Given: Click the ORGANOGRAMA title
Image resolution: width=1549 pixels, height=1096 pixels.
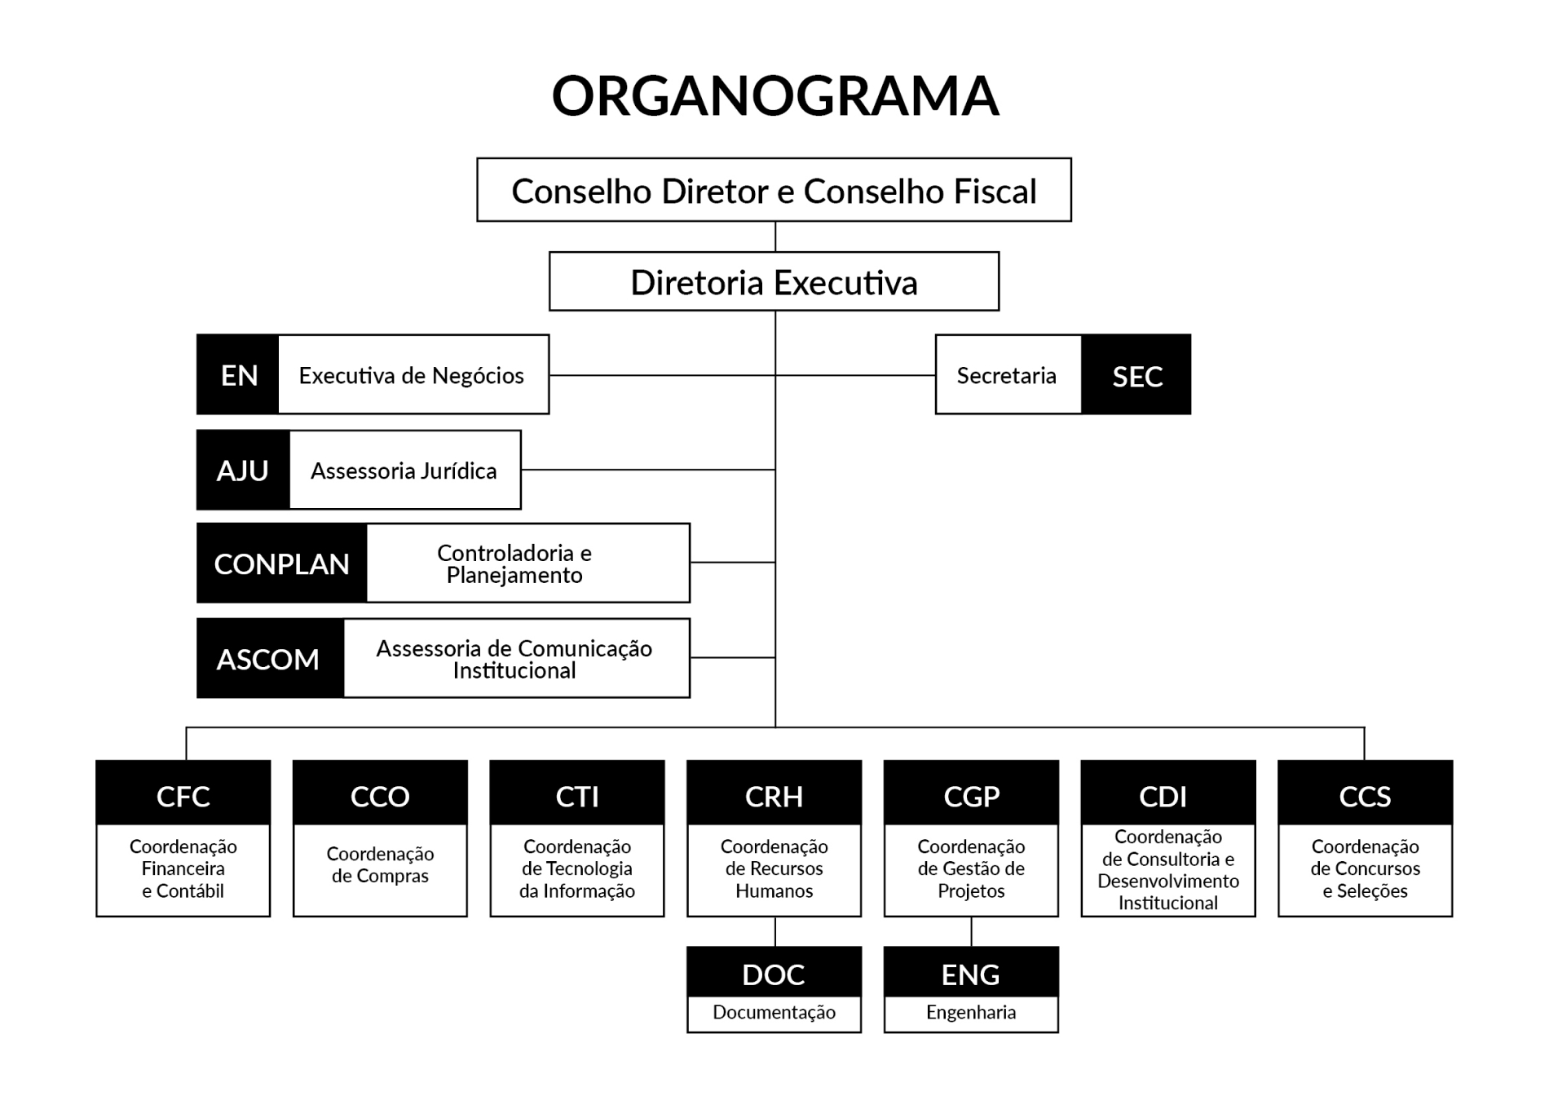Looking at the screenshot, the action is (x=774, y=95).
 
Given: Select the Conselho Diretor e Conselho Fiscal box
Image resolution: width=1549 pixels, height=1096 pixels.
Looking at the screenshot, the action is (x=774, y=190).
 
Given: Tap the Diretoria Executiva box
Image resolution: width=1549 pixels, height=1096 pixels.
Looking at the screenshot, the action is (x=774, y=281).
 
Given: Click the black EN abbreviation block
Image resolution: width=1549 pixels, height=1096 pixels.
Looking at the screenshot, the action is (x=238, y=374).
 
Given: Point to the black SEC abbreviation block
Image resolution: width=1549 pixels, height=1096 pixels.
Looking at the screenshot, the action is (x=1136, y=374).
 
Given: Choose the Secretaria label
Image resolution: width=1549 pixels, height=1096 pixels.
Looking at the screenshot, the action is (x=1006, y=375).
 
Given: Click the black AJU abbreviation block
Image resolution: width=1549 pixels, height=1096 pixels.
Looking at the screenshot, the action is (x=243, y=470).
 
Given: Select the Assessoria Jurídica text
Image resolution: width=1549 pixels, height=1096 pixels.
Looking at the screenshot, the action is (x=404, y=471).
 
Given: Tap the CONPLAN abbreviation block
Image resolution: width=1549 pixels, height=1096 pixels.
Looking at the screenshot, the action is (x=282, y=563).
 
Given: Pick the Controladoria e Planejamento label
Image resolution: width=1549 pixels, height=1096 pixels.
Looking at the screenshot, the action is (x=514, y=563).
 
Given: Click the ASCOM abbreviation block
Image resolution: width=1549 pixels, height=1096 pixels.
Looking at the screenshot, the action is (x=271, y=658).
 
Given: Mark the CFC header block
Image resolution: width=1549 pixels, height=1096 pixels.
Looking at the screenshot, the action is (x=183, y=793).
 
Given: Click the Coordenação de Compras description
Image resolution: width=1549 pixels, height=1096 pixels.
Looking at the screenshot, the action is (x=380, y=864).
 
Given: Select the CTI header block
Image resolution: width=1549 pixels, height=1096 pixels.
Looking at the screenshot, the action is (x=577, y=793).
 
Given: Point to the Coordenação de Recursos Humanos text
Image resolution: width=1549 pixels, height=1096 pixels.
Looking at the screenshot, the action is (x=774, y=868).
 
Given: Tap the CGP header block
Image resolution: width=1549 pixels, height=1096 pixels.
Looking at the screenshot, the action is (x=971, y=793).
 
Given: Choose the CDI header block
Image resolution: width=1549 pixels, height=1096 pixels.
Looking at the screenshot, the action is (x=1168, y=793).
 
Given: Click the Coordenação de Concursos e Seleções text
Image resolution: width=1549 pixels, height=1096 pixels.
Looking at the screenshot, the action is (x=1366, y=868).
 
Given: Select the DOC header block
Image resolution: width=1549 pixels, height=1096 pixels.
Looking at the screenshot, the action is (x=774, y=972).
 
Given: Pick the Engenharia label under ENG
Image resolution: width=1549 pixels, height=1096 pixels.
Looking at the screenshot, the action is (x=971, y=1012).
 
